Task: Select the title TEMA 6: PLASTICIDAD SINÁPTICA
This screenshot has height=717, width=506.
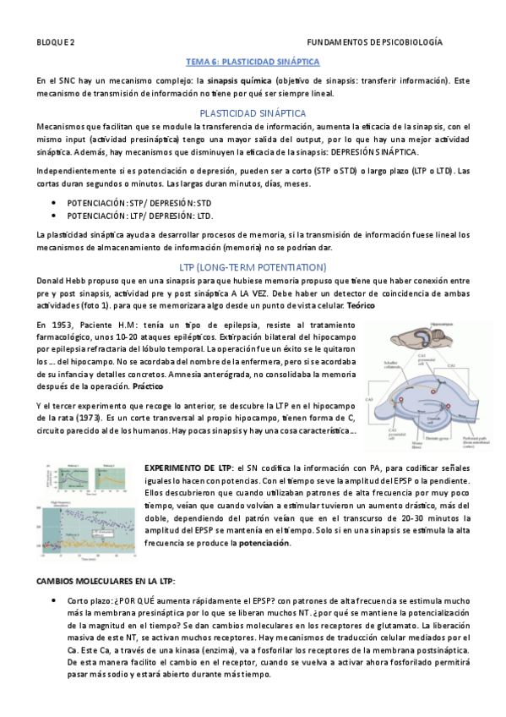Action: (253, 62)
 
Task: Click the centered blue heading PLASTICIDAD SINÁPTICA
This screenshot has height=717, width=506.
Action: (253, 112)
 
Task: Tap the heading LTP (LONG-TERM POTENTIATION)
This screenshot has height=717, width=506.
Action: (253, 267)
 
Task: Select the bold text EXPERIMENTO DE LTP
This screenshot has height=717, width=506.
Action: (188, 467)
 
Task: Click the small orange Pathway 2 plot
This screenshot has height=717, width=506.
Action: (118, 480)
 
